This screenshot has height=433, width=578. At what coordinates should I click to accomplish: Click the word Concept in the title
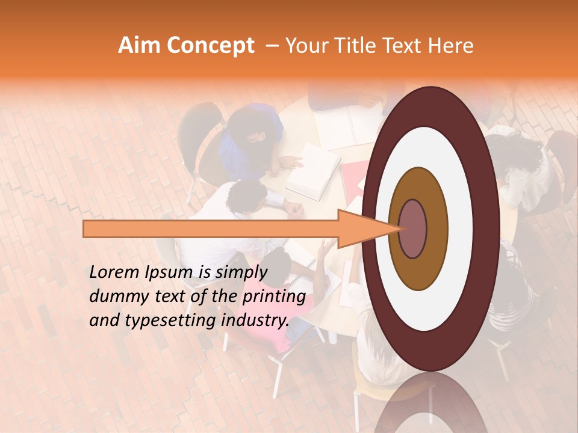[210, 46]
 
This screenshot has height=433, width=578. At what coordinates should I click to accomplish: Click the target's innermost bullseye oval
[412, 229]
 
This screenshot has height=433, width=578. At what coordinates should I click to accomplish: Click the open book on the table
[312, 171]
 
